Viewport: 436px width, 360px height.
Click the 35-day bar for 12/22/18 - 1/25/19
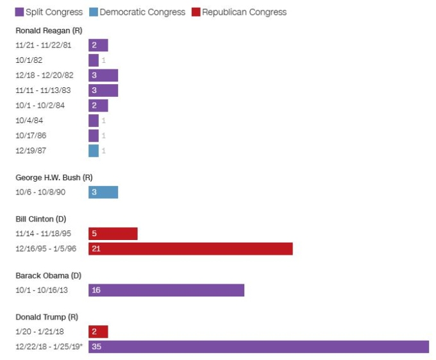point(258,347)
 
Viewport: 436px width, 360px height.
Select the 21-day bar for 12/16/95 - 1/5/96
point(190,249)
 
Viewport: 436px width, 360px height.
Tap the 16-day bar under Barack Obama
point(166,290)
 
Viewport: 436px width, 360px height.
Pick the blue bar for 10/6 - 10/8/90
point(103,193)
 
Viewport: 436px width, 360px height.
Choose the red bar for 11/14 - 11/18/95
point(113,234)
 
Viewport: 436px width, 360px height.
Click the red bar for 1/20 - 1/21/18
point(98,332)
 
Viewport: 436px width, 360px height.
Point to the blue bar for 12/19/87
point(94,151)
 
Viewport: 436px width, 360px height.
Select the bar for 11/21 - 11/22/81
point(98,45)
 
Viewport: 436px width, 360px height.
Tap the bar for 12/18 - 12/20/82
point(103,75)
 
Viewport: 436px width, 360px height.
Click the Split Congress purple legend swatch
point(19,12)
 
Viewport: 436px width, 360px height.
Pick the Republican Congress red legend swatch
point(196,12)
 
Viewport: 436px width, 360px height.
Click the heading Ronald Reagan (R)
point(49,30)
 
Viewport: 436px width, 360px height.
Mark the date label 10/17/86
point(31,135)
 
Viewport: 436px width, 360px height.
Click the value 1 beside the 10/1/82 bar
point(103,60)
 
